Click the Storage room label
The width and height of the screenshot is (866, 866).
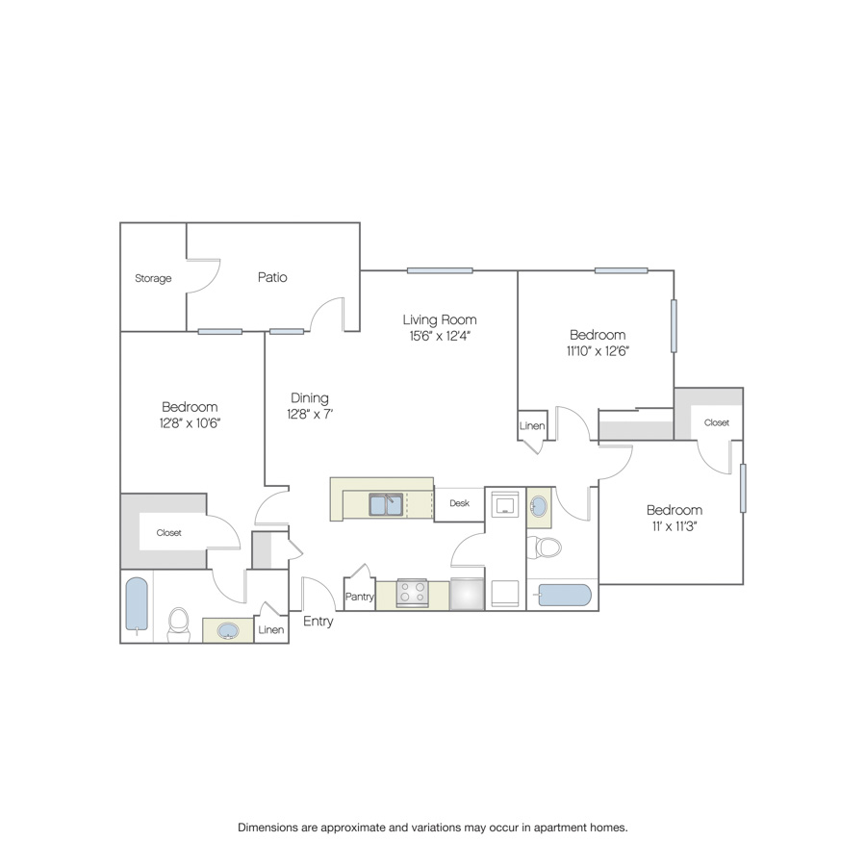click(x=153, y=278)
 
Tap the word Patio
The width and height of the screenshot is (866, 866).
click(x=272, y=277)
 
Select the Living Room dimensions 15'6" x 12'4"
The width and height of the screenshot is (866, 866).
click(x=440, y=336)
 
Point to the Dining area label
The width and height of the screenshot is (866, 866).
click(x=309, y=397)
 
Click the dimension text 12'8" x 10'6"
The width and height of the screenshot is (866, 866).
click(x=190, y=423)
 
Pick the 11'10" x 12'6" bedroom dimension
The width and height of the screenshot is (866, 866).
click(x=598, y=350)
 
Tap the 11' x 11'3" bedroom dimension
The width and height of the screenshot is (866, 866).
click(x=675, y=526)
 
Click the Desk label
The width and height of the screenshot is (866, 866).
click(x=460, y=503)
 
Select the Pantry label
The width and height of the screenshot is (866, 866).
click(x=360, y=597)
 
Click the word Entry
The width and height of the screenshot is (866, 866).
click(x=318, y=622)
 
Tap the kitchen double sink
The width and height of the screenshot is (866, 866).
click(x=386, y=505)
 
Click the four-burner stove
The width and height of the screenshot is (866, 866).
click(x=412, y=593)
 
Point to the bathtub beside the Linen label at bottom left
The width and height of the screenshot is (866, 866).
click(x=137, y=604)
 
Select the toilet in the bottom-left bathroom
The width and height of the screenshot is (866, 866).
click(x=178, y=624)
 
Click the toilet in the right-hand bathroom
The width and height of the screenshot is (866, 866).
click(x=544, y=548)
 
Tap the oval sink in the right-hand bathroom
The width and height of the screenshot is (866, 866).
click(x=539, y=506)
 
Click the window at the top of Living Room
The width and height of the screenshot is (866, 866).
click(x=440, y=270)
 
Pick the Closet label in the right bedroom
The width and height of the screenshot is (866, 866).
click(x=716, y=422)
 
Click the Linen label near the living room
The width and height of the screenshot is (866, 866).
click(x=532, y=426)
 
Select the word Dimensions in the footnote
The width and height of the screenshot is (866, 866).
click(x=267, y=828)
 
